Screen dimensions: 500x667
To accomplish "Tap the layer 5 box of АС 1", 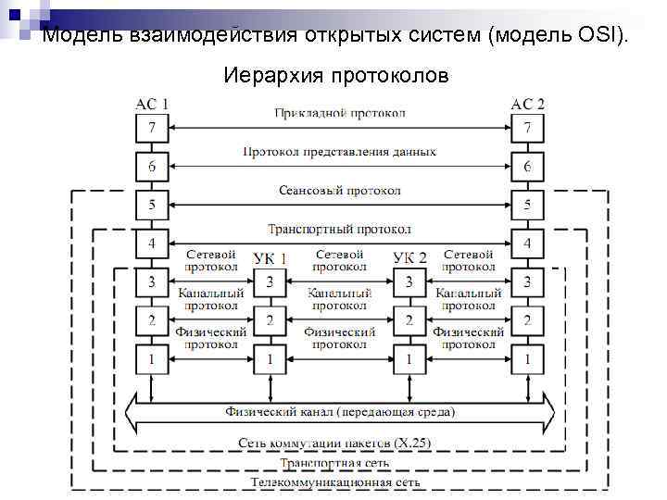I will point(152,205).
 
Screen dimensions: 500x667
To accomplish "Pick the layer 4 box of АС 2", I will point(527,244).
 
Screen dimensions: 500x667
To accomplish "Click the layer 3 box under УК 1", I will point(270,281).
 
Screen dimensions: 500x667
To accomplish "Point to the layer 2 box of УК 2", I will point(409,320).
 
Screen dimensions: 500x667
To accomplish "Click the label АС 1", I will point(152,104).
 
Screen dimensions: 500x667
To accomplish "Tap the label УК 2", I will point(409,257).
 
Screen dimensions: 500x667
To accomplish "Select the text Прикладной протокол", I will point(339,114).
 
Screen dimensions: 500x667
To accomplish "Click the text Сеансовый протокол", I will point(339,191).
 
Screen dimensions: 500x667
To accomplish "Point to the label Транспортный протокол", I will point(339,229).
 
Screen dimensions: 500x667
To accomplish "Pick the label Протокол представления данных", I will point(339,152).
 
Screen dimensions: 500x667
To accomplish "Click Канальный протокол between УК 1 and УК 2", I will point(339,298).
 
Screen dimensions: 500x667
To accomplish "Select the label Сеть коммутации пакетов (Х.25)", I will point(339,443).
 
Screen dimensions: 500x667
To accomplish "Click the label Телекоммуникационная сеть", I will point(339,482).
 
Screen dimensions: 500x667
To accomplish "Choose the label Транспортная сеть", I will point(339,463).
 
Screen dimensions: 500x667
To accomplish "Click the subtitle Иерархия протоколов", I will point(335,75).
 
